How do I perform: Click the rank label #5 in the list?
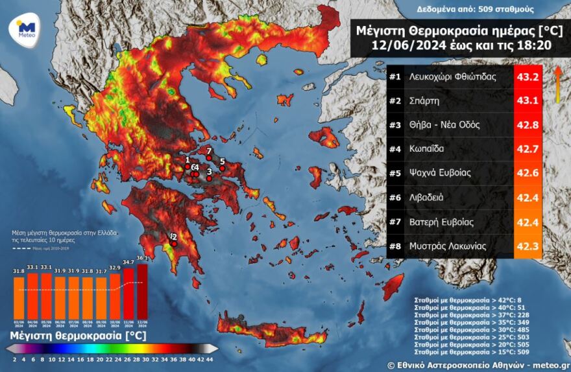click(395, 173)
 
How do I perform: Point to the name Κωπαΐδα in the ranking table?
click(426, 149)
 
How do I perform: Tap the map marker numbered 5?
click(222, 168)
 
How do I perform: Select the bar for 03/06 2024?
click(19, 296)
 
